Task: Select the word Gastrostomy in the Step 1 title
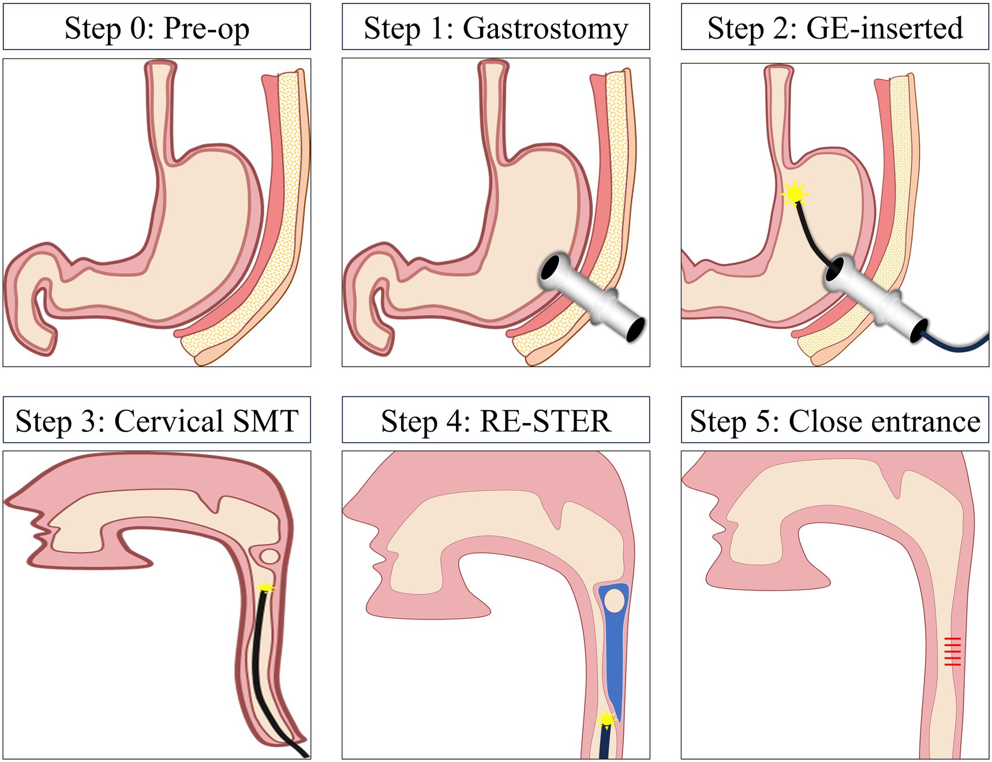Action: pyautogui.click(x=545, y=29)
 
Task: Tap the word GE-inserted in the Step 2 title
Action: pyautogui.click(x=884, y=28)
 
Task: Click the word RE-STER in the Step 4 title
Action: pyautogui.click(x=545, y=421)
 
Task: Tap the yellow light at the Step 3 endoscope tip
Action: pyautogui.click(x=265, y=588)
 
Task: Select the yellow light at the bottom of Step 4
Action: pyautogui.click(x=606, y=719)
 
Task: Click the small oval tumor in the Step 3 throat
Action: pyautogui.click(x=269, y=556)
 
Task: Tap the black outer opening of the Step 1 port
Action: pyautogui.click(x=634, y=328)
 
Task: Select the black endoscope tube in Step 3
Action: pyautogui.click(x=258, y=664)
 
